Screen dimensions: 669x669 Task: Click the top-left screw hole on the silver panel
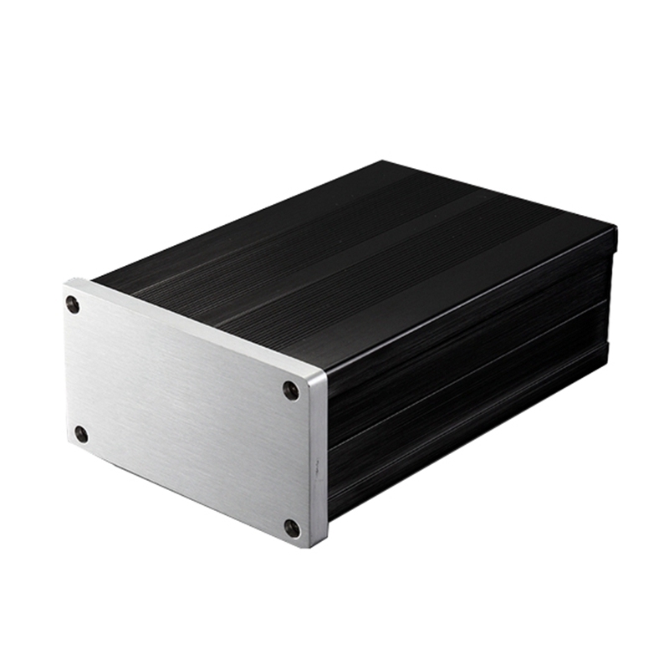click(x=74, y=305)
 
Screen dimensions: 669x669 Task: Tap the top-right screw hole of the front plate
click(x=290, y=390)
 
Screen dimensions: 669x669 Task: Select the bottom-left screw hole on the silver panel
click(x=81, y=434)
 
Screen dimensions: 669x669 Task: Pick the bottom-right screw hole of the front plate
click(x=291, y=528)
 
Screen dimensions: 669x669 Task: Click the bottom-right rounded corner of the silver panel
click(x=311, y=544)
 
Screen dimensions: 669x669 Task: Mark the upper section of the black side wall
click(x=468, y=334)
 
